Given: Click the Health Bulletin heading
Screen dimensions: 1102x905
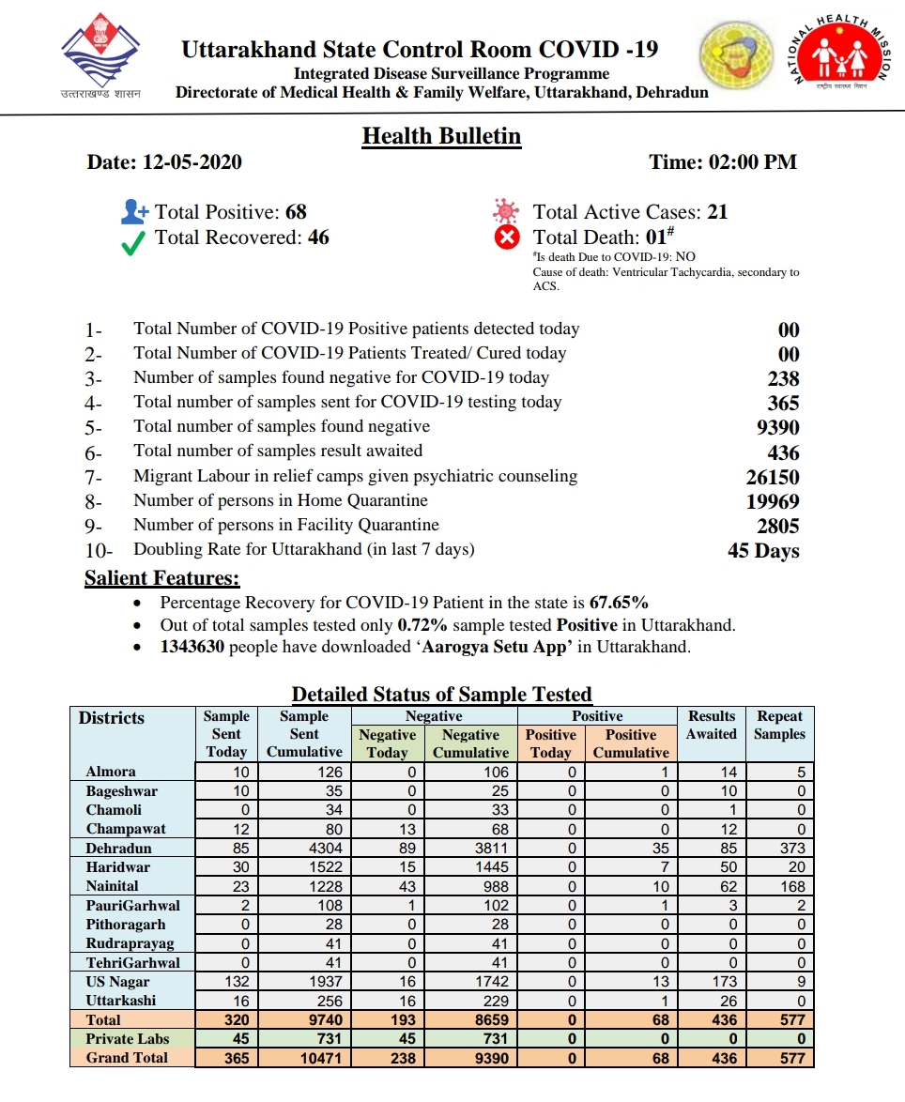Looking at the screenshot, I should pyautogui.click(x=441, y=136).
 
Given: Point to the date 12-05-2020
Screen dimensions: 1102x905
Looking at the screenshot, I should pyautogui.click(x=192, y=161).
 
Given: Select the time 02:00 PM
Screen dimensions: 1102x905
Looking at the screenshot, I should pyautogui.click(x=752, y=161).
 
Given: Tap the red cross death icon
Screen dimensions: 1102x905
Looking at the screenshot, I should pyautogui.click(x=507, y=237).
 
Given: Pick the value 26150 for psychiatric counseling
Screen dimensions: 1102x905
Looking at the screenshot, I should pyautogui.click(x=772, y=477).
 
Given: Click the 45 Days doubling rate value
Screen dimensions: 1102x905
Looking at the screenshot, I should pyautogui.click(x=763, y=551).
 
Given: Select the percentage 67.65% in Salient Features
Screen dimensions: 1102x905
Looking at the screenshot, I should pyautogui.click(x=619, y=603).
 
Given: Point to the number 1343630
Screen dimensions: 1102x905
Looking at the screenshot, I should pyautogui.click(x=192, y=648).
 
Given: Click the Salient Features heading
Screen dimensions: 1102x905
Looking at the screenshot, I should pyautogui.click(x=161, y=578).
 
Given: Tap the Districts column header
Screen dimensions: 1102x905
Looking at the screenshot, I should pyautogui.click(x=112, y=718).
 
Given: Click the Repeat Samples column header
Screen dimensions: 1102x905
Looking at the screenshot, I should pyautogui.click(x=779, y=725).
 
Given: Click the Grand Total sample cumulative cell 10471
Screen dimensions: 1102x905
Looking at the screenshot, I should pyautogui.click(x=304, y=1058).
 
